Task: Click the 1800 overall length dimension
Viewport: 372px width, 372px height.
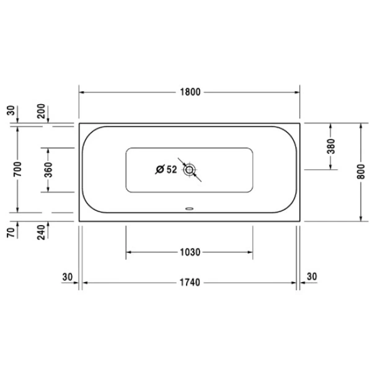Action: point(190,92)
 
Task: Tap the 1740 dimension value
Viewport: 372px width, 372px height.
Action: point(190,283)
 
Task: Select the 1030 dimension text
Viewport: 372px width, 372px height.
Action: point(190,252)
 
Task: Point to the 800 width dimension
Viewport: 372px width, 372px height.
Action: point(361,172)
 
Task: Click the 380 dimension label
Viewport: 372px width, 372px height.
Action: point(330,146)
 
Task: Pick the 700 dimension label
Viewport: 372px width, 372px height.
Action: point(17,169)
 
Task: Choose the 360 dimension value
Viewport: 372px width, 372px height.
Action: point(48,170)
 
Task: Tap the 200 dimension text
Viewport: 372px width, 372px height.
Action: point(41,111)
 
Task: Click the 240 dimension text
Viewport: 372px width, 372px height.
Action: point(41,232)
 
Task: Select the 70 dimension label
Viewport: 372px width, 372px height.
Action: point(11,232)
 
